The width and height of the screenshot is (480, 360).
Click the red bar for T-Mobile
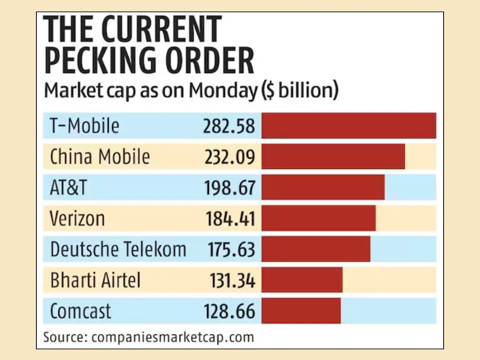[x=348, y=126]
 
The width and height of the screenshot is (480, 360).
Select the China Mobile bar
[x=333, y=156]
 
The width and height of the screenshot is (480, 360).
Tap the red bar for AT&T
[x=323, y=187]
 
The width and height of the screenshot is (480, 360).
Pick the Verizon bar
[x=318, y=218]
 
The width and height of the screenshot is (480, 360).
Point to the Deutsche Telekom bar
[x=316, y=249]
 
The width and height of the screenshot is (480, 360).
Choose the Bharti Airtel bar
[x=302, y=280]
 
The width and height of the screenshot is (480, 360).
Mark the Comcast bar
[x=301, y=310]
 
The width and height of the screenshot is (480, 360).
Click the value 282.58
[x=229, y=126]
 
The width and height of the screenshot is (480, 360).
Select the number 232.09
[x=230, y=157]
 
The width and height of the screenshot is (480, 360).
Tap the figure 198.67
[x=230, y=188]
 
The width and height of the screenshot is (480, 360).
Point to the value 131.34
[x=232, y=280]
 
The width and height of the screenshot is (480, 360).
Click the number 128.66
[x=230, y=311]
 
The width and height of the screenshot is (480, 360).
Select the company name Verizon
[x=78, y=218]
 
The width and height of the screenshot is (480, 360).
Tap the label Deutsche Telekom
[x=118, y=249]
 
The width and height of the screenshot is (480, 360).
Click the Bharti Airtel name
[x=96, y=280]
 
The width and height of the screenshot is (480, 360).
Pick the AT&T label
[x=68, y=188]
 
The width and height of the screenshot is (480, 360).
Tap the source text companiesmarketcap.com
[x=173, y=337]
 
